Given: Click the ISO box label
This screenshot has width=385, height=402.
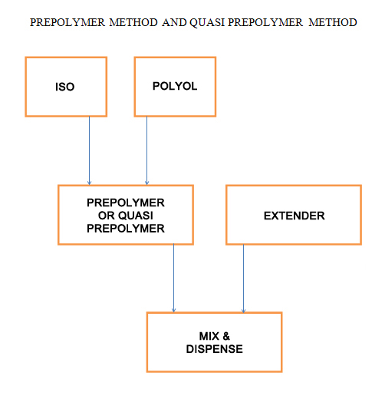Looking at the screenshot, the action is [x=65, y=87].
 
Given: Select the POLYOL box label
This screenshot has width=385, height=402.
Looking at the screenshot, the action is [x=175, y=86].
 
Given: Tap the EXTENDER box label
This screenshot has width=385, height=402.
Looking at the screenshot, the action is [x=295, y=216].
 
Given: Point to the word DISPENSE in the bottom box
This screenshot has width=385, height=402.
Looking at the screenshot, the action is [x=214, y=349].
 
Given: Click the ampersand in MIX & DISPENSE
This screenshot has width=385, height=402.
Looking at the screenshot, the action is [x=226, y=336].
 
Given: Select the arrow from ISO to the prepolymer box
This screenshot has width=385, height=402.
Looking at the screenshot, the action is [x=89, y=150].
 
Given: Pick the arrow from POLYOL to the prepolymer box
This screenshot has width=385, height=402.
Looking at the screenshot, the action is [x=147, y=150].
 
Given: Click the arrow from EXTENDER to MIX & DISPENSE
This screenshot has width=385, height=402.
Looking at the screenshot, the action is [x=244, y=278].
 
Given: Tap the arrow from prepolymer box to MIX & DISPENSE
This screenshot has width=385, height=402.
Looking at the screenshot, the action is [x=173, y=278].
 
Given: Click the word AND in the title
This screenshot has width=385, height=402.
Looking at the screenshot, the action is [x=174, y=22].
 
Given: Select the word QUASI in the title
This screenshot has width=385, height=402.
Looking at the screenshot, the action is [x=207, y=23].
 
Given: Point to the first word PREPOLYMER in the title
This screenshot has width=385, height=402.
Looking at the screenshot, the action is [x=67, y=22].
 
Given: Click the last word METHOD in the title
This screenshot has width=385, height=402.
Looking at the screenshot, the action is [x=333, y=22].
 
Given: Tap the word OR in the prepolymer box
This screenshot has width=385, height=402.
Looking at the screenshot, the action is [x=107, y=216].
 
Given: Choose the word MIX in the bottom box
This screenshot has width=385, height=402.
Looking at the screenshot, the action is [x=209, y=336].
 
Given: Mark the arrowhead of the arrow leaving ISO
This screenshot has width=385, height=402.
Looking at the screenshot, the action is [x=89, y=183].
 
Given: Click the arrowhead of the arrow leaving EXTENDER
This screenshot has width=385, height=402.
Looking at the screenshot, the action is [x=244, y=311].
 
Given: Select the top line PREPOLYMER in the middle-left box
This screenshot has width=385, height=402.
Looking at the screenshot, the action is [x=126, y=203].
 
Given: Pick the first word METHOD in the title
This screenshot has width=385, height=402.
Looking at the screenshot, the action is [x=133, y=22].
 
